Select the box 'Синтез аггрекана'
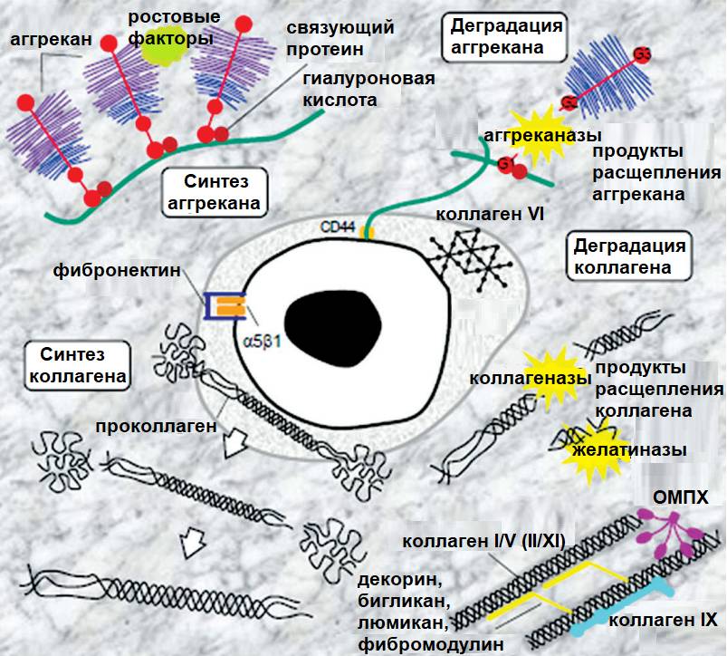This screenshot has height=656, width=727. coord(215,192)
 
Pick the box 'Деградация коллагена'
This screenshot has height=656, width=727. coord(629,256)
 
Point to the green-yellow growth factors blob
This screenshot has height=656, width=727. coord(169,50)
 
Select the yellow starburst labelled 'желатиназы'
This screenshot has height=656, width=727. coord(579,448)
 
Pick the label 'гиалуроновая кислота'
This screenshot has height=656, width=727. coord(368,89)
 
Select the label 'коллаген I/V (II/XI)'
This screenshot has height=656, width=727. coord(484,541)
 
